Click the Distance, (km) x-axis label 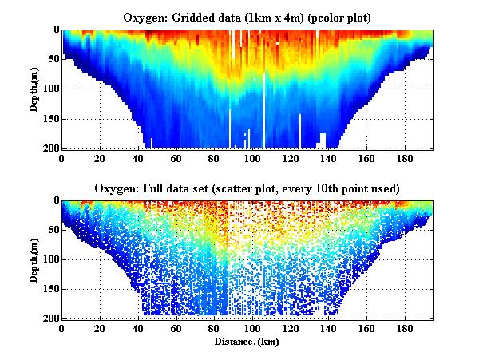(247, 341)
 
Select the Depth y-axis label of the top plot (36, 89)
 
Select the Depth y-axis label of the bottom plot (36, 259)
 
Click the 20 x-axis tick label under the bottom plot (100, 329)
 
